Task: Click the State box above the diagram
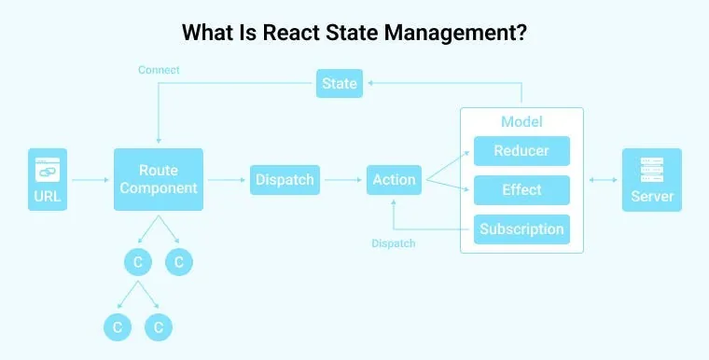340,83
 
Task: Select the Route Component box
159,179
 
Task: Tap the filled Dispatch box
285,179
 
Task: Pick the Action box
394,179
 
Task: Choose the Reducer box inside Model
521,151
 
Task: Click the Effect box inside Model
521,189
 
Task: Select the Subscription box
521,229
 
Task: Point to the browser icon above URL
48,170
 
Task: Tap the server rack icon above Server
652,170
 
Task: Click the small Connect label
159,70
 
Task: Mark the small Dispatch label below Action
394,243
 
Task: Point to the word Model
521,122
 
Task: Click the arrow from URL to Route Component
90,179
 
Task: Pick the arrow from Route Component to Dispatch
227,179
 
